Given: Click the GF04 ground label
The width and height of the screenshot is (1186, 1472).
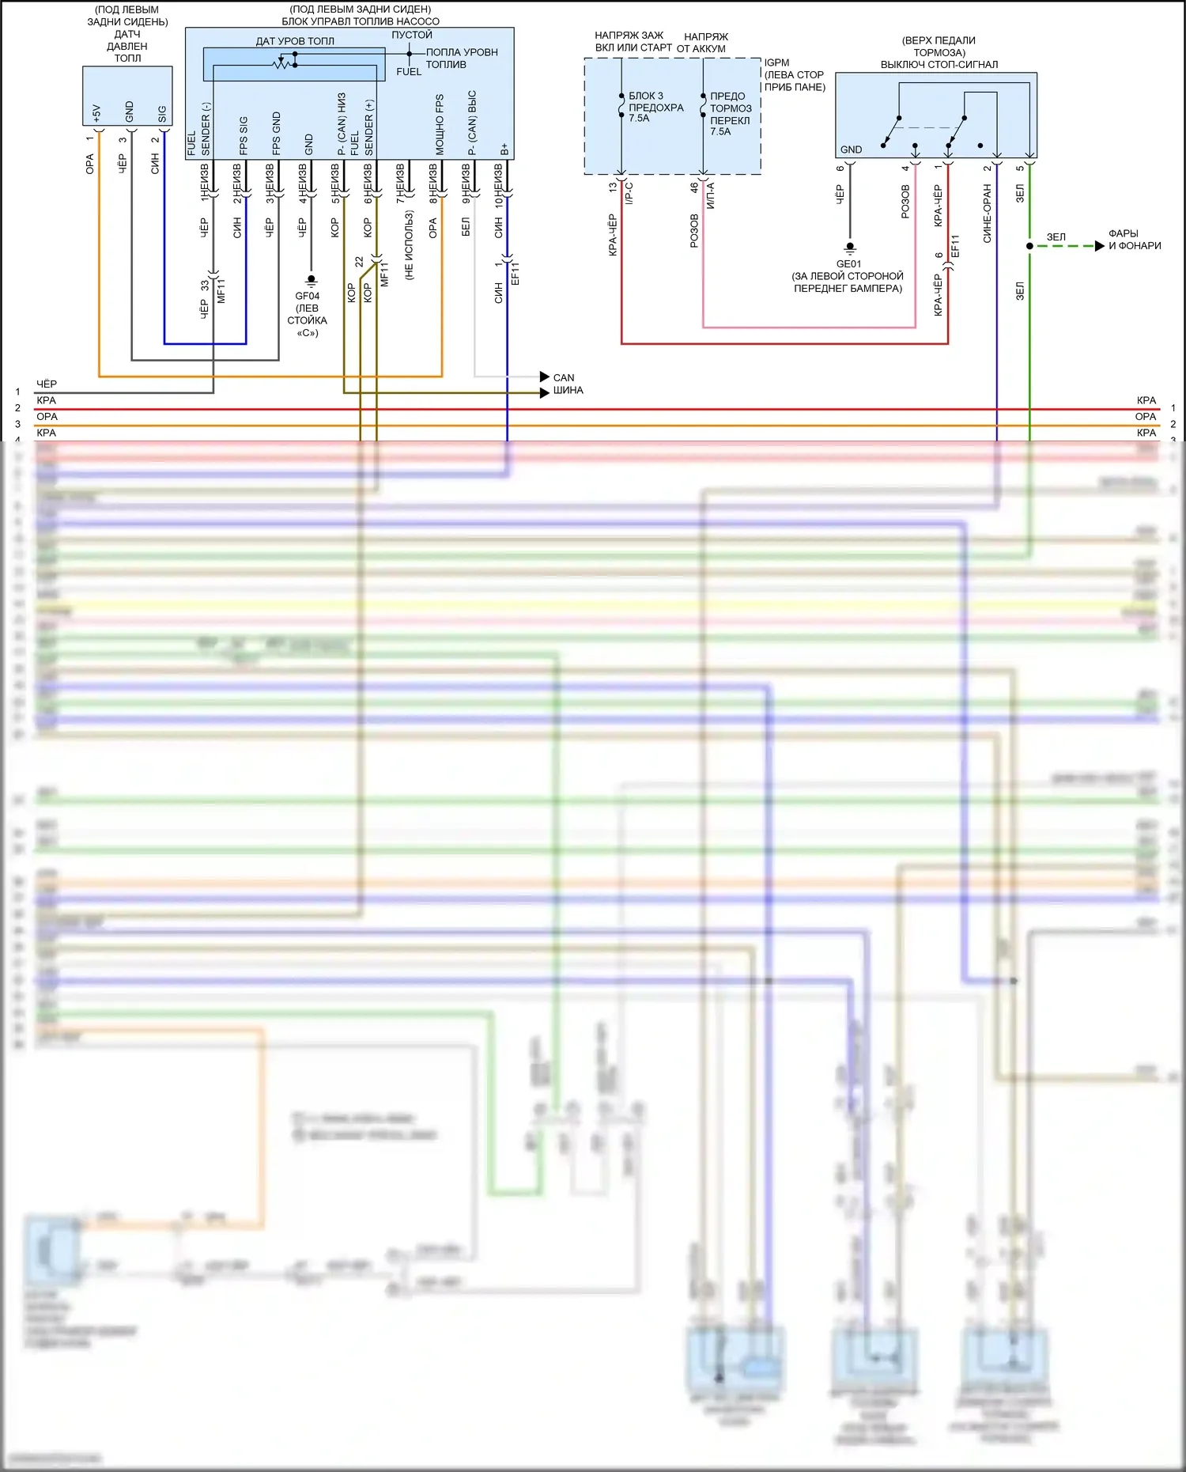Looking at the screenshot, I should coord(307,296).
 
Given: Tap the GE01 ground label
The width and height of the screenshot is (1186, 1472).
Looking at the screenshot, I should coord(848,264).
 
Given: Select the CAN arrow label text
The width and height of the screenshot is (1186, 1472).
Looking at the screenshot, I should coord(564,377).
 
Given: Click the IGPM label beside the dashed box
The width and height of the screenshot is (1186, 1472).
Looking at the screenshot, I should coord(776,62).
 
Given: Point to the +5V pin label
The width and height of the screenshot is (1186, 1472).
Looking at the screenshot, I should coord(96,113).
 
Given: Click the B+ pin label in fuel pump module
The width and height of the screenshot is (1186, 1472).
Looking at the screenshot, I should coord(504,149).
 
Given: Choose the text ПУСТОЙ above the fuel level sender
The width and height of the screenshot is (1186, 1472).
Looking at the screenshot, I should coord(412,35).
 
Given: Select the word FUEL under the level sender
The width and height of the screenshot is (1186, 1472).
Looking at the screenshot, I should coord(409,72).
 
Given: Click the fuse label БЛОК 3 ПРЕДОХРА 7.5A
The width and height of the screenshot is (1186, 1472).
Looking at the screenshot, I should coord(655,107).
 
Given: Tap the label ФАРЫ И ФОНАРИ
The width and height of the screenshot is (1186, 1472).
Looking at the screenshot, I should coord(1134,240).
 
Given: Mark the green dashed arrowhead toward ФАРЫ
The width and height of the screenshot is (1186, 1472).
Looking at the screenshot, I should coord(1099,246).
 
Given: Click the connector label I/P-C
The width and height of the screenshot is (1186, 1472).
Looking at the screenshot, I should coord(629,193).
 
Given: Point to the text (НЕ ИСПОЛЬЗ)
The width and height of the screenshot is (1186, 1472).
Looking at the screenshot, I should coord(409,244).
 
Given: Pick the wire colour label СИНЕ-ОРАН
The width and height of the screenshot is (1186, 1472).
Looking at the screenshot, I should coord(987,214).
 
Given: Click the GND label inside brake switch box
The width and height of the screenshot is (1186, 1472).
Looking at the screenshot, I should coord(851,149).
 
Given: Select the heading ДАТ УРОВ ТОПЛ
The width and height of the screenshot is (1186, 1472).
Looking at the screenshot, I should coord(295,41).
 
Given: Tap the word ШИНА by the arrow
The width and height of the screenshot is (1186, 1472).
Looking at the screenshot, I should coord(568,391).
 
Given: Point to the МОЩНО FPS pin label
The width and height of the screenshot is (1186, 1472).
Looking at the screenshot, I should coord(440,125).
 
